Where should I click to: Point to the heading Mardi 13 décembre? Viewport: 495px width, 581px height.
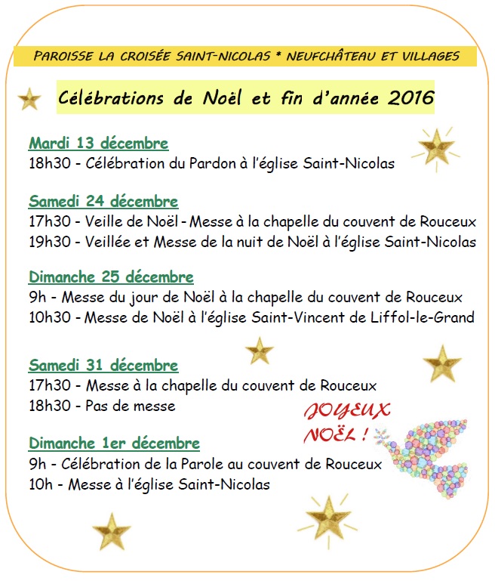pos(98,144)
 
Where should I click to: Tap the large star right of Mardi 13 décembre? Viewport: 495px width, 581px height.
pos(436,146)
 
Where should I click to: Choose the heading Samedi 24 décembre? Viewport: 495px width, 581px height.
pos(103,202)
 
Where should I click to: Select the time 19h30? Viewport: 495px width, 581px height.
pos(48,242)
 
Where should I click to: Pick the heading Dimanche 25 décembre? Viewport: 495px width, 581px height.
pos(111,277)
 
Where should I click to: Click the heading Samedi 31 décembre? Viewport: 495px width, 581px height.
pos(103,366)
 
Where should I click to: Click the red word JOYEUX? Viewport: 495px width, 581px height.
pos(347,412)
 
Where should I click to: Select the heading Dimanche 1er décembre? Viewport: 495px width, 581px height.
pos(114,443)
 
